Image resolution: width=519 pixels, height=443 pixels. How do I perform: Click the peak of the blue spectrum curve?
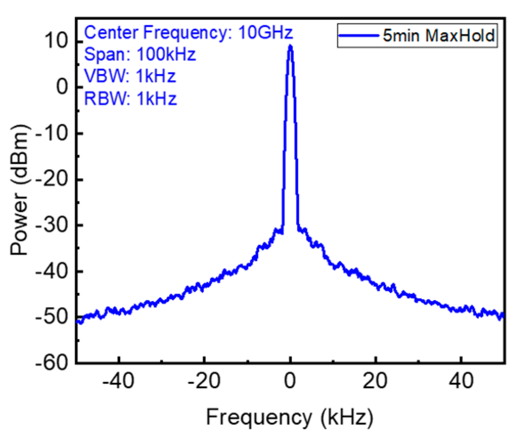pos(290,46)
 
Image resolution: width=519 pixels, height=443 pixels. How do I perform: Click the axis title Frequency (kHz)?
pos(289,418)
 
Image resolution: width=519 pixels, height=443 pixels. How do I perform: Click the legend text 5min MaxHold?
pos(439,36)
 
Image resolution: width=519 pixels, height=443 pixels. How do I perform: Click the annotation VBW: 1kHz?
pos(130,76)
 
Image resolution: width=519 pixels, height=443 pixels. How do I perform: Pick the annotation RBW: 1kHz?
pos(130,98)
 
